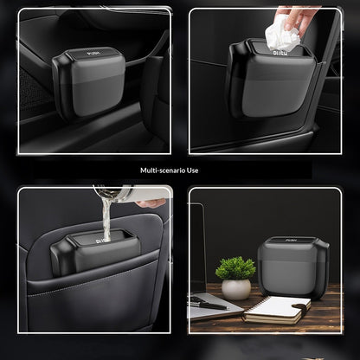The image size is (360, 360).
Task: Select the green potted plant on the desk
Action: (235, 267)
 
